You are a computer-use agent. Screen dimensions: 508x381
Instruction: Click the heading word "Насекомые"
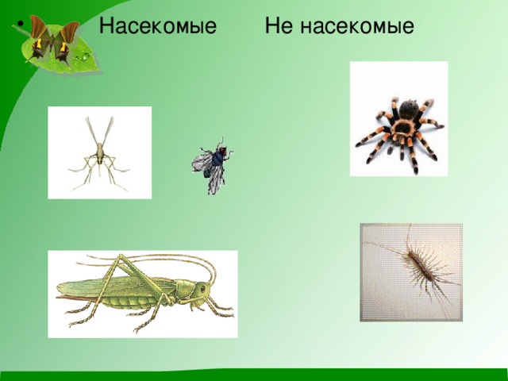[158, 25]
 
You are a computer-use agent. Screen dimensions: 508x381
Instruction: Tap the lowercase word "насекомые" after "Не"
[357, 26]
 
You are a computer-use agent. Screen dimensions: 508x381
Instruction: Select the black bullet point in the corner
[21, 25]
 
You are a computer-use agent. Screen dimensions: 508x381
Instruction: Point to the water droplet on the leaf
[86, 56]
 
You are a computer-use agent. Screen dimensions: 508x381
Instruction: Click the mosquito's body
[100, 152]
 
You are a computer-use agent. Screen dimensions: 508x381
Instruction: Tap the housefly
[213, 165]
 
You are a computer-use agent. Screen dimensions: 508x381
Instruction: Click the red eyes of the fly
[222, 150]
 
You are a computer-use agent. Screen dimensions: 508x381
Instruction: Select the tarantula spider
[399, 133]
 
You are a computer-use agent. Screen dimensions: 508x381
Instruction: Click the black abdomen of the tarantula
[409, 110]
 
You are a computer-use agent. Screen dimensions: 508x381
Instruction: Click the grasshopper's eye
[203, 288]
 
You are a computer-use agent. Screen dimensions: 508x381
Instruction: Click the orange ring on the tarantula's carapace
[402, 129]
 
